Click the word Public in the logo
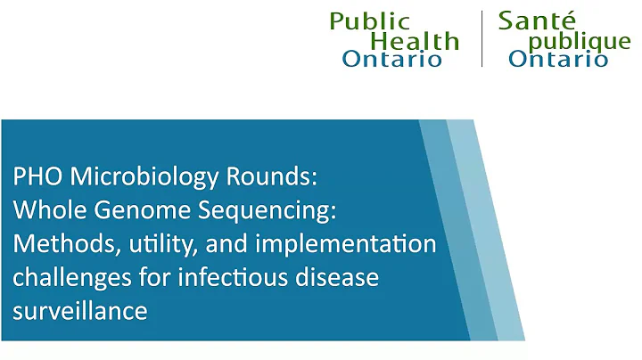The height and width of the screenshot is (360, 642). pyautogui.click(x=370, y=21)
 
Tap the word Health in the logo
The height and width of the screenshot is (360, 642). pyautogui.click(x=415, y=41)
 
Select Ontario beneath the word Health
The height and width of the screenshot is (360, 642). pyautogui.click(x=392, y=59)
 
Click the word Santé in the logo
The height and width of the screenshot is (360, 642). pyautogui.click(x=538, y=20)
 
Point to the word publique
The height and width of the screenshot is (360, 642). pyautogui.click(x=580, y=42)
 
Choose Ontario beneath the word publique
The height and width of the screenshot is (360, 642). pyautogui.click(x=558, y=59)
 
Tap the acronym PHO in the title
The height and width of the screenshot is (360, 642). pyautogui.click(x=33, y=176)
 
